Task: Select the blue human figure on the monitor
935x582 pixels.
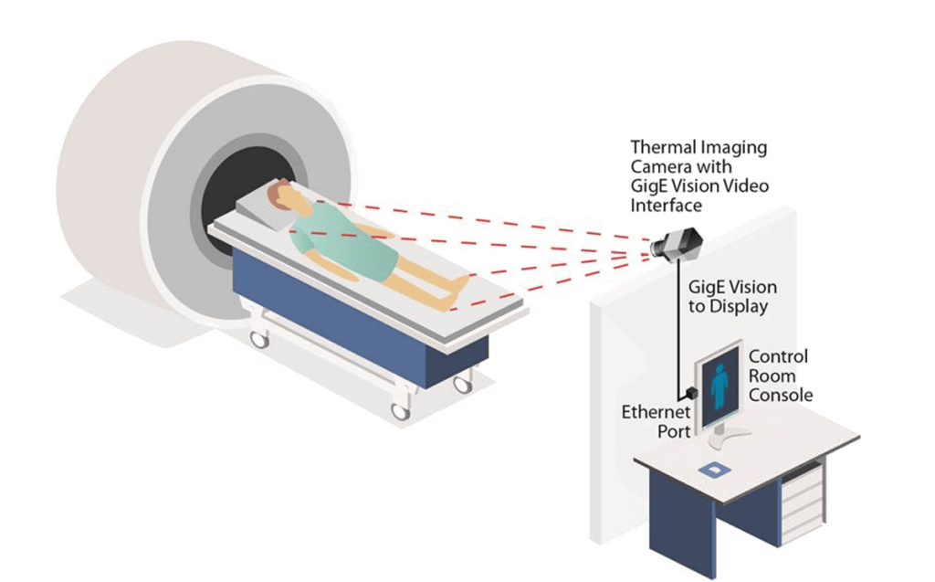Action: pos(720,387)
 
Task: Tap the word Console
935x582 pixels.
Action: pos(781,396)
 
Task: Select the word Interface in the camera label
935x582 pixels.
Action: pos(666,206)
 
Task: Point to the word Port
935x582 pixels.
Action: pos(674,431)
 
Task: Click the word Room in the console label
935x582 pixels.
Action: pos(772,376)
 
